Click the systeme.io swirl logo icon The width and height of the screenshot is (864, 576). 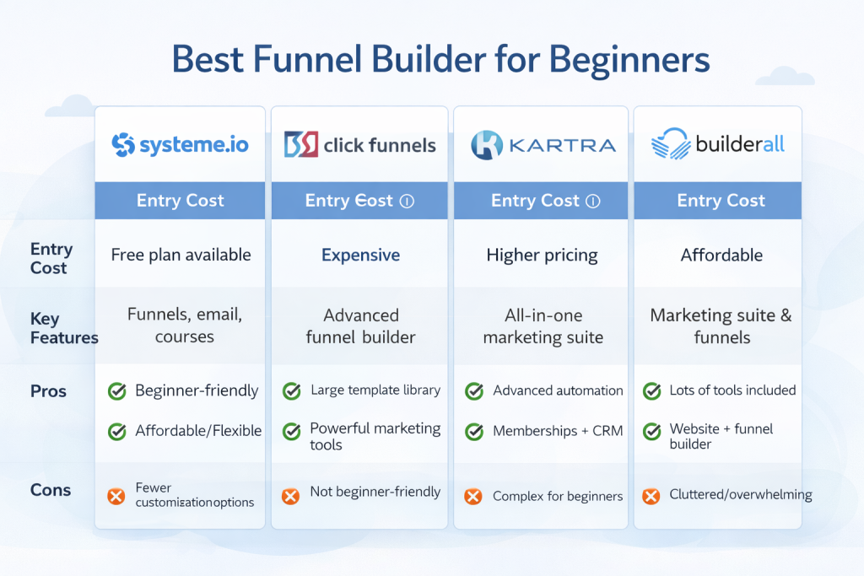point(123,144)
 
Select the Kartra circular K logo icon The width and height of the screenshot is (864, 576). point(487,145)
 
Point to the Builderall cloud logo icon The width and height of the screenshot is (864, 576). point(672,143)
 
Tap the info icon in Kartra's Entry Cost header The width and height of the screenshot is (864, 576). point(592,202)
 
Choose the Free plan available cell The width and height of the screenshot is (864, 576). point(181,255)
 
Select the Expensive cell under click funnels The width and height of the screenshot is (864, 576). point(360,255)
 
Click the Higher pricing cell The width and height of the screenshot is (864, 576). point(542,255)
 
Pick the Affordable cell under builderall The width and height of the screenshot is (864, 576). point(721,255)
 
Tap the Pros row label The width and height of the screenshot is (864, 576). point(48,391)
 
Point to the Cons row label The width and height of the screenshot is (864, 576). point(51,490)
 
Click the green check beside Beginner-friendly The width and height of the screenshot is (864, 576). point(117,391)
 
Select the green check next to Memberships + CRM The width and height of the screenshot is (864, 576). point(474,432)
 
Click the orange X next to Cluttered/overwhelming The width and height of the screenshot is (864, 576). point(651,496)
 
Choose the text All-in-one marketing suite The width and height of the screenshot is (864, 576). point(543,327)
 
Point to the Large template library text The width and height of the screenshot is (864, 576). point(375,390)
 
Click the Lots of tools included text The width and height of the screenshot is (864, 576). point(732,390)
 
